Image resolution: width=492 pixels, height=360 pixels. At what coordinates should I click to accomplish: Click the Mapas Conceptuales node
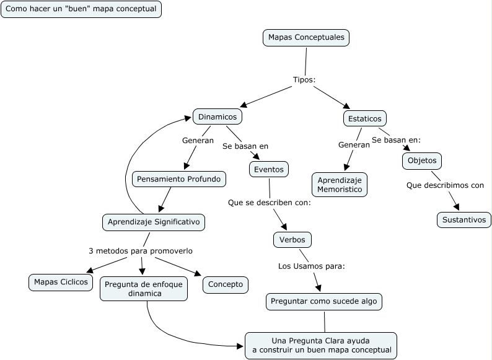coord(306,38)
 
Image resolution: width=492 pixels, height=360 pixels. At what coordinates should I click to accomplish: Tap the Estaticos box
coord(365,118)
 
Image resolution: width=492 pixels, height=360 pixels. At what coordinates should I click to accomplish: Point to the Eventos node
coord(269,169)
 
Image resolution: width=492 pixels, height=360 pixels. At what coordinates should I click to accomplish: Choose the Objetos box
coord(422,160)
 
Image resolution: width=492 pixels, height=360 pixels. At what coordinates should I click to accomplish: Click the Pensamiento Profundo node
coord(179,179)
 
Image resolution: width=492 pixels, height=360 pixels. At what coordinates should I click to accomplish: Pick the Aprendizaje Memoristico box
coord(340,185)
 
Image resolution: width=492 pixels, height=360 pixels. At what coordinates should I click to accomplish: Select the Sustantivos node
coord(464,220)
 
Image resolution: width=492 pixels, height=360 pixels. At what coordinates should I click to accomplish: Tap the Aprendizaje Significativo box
coord(154,222)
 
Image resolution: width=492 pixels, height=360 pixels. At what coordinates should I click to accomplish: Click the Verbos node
coord(292,239)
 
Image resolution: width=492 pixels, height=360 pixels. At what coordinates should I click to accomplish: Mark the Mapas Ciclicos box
coord(61,282)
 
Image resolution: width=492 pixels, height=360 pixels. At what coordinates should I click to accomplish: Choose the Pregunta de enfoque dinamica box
coord(144,289)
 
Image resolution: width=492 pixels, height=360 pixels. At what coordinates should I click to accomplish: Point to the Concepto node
coord(226,284)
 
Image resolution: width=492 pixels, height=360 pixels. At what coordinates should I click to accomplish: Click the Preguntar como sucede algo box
coord(324,302)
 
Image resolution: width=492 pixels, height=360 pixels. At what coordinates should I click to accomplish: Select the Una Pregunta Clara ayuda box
coord(321,346)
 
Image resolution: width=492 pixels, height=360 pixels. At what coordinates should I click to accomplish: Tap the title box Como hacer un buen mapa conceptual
coord(81,9)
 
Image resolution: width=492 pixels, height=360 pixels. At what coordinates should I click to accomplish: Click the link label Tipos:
coord(304,80)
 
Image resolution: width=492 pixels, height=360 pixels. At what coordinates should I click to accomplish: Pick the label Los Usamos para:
coord(311,266)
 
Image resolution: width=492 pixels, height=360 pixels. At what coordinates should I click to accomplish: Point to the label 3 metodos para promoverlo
coord(141,251)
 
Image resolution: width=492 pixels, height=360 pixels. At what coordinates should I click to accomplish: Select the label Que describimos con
coord(445,185)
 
